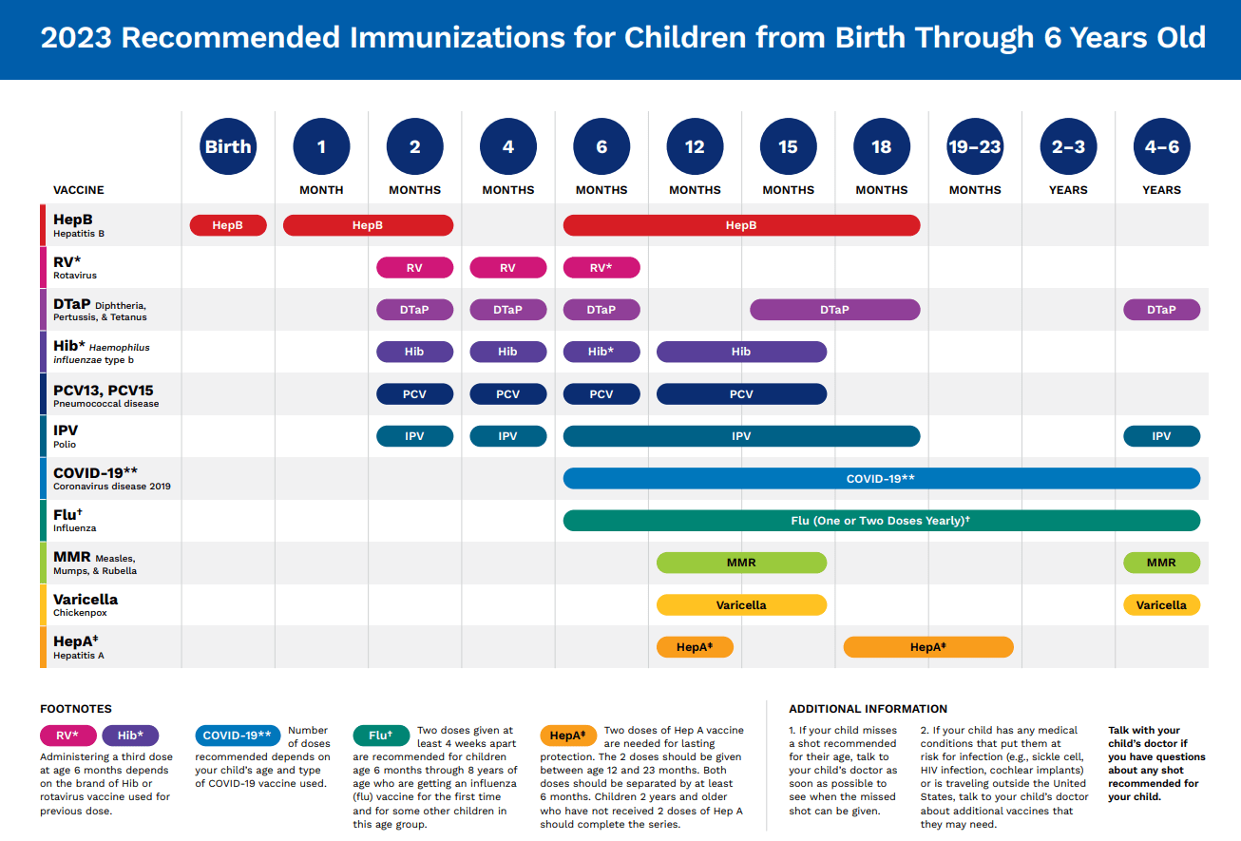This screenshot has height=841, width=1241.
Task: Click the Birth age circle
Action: pos(228,146)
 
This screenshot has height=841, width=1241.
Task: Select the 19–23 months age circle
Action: pos(975,146)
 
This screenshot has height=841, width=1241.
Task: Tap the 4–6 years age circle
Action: pos(1161,146)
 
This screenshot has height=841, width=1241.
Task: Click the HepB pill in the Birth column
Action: pos(228,225)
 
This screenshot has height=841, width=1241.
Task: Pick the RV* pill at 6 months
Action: pos(601,268)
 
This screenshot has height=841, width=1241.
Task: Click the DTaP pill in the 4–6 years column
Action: pos(1161,310)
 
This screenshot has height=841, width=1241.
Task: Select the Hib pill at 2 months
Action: pos(414,352)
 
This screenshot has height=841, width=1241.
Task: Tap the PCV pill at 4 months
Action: pos(508,394)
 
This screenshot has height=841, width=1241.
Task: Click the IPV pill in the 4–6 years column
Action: pos(1161,436)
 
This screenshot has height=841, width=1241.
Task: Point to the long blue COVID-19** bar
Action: pos(881,478)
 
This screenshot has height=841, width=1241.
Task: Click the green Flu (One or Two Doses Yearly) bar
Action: pos(881,520)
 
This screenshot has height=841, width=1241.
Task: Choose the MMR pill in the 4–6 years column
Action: pos(1161,563)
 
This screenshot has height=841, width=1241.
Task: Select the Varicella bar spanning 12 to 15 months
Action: pos(741,604)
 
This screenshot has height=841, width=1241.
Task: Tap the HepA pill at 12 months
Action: pos(695,647)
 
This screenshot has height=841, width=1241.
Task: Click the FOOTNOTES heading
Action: pos(76,709)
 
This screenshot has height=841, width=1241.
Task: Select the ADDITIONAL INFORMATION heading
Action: pos(868,709)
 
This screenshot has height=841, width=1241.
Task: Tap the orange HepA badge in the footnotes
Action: pos(568,736)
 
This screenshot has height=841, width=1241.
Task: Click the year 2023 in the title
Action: pos(76,38)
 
